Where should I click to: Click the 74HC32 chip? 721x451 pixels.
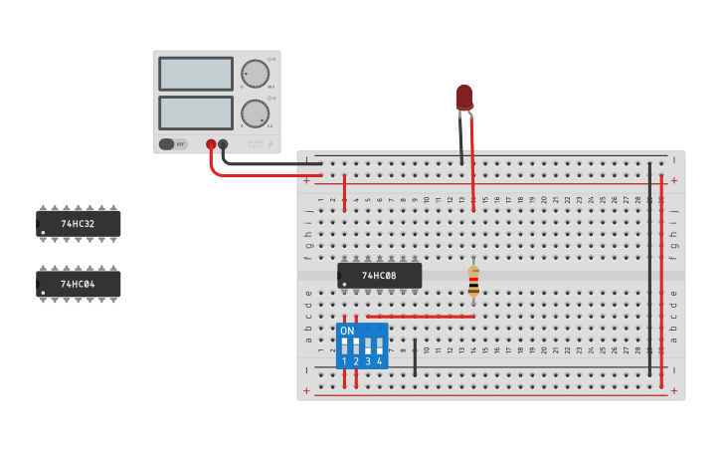79,224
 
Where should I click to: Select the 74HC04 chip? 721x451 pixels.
79,284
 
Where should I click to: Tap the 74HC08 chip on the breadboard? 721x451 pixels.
379,275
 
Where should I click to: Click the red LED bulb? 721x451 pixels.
464,97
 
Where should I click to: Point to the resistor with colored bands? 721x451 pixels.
473,281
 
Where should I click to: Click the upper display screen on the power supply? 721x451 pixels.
196,74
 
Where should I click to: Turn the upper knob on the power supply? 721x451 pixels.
255,74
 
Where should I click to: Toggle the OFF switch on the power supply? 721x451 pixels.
173,144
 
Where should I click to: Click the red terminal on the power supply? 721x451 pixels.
211,144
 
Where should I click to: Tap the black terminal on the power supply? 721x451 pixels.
223,144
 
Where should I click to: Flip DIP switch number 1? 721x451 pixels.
344,345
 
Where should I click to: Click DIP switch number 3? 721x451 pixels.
368,345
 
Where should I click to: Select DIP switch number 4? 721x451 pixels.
379,345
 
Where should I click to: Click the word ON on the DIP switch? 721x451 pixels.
346,331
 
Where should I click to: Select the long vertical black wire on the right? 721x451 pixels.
649,269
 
